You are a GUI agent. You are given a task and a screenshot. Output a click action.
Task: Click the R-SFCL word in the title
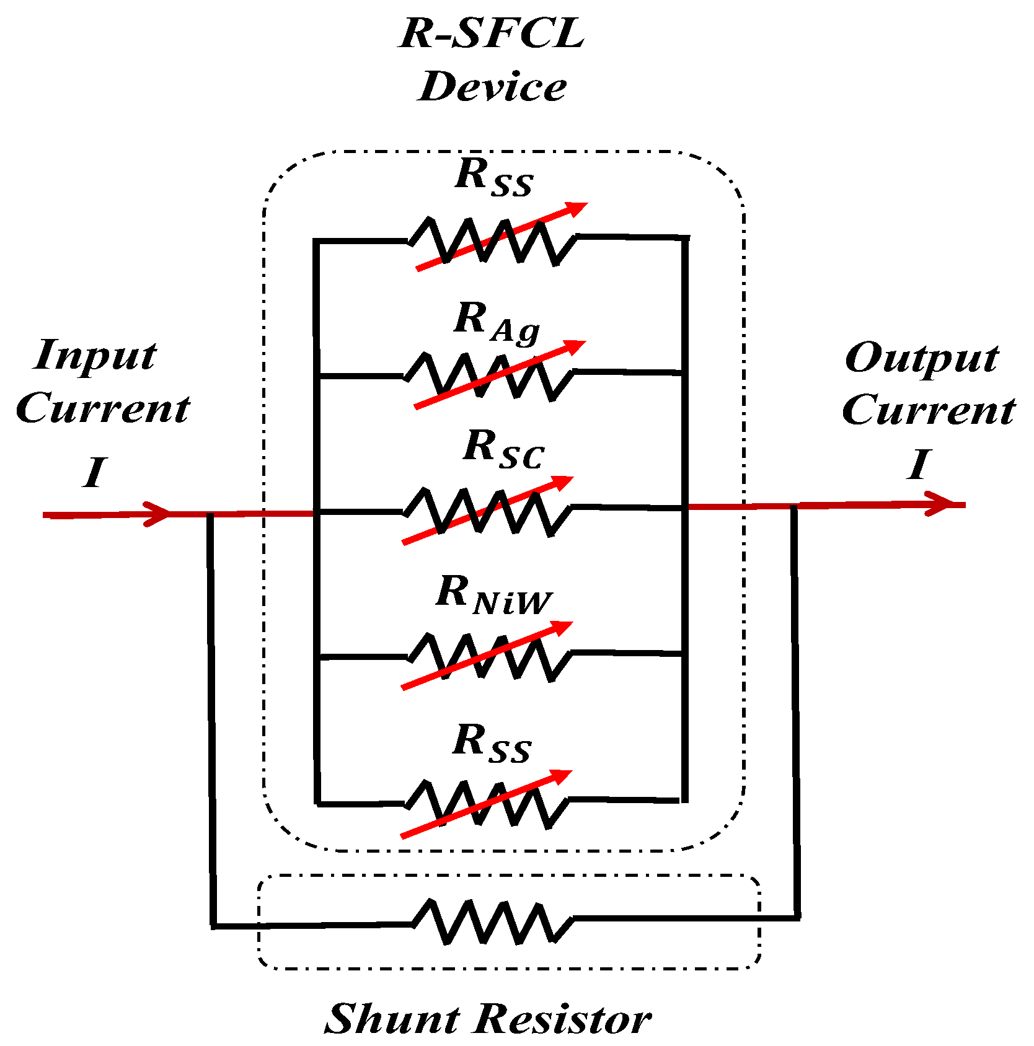[492, 34]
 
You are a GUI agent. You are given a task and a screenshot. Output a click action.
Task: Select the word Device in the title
[492, 87]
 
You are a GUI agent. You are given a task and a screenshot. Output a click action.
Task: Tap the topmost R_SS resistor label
[493, 177]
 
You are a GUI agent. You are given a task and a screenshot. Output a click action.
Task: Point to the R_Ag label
[496, 322]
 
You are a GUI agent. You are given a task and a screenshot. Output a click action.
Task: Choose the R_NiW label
[493, 595]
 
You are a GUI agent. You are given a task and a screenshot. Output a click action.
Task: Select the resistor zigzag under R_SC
[487, 511]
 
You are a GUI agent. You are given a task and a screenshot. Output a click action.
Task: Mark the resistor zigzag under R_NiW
[490, 657]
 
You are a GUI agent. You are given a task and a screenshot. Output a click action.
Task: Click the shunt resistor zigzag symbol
[492, 922]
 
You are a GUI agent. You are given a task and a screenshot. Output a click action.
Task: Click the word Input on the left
[95, 357]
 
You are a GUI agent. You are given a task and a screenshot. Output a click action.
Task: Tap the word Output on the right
[921, 359]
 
